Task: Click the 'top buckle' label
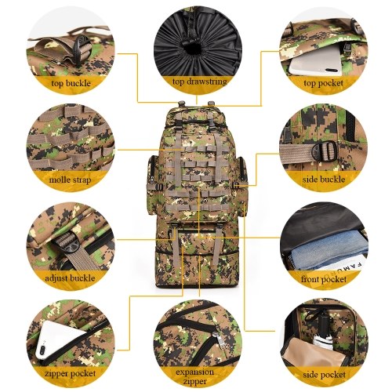[x=71, y=84]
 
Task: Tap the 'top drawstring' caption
[x=200, y=82]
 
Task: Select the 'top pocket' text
[x=323, y=83]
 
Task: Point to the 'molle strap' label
[x=70, y=180]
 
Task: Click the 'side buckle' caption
[x=324, y=180]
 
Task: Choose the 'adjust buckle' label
[x=70, y=278]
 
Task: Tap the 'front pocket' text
[x=324, y=279]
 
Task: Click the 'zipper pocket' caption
[x=70, y=374]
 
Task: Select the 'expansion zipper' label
[x=194, y=376]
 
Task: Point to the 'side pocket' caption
[x=325, y=375]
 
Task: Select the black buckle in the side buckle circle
[x=324, y=151]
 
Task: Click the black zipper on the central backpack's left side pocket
[x=152, y=170]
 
